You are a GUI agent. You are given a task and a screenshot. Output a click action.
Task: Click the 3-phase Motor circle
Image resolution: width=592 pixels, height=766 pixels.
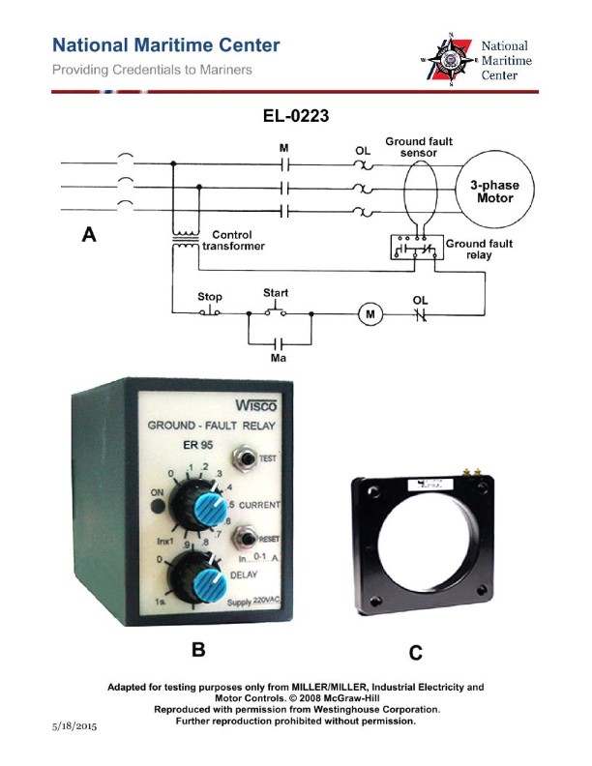pyautogui.click(x=490, y=191)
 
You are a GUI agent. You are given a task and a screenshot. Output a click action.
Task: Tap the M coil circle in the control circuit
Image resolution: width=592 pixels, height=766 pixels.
pyautogui.click(x=368, y=313)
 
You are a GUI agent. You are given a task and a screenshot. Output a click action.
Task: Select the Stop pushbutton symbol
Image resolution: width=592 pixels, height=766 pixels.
pyautogui.click(x=209, y=311)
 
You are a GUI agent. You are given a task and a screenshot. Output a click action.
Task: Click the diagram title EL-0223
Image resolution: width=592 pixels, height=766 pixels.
pyautogui.click(x=296, y=117)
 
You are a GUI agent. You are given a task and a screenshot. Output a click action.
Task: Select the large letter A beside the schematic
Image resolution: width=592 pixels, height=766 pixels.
pyautogui.click(x=89, y=233)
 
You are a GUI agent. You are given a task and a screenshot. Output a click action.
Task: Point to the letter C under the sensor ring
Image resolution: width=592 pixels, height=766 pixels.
pyautogui.click(x=416, y=654)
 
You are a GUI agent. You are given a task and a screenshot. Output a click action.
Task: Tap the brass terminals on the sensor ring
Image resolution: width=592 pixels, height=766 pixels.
pyautogui.click(x=472, y=472)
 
